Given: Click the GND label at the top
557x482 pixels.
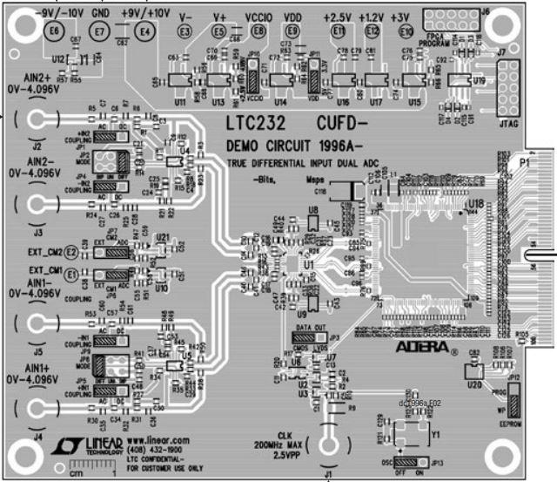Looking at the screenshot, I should point(101,14).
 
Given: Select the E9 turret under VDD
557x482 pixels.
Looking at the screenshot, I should point(293,32).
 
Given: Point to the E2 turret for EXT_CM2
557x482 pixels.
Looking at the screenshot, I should point(72,253).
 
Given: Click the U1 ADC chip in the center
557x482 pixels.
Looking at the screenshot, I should point(310,261).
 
